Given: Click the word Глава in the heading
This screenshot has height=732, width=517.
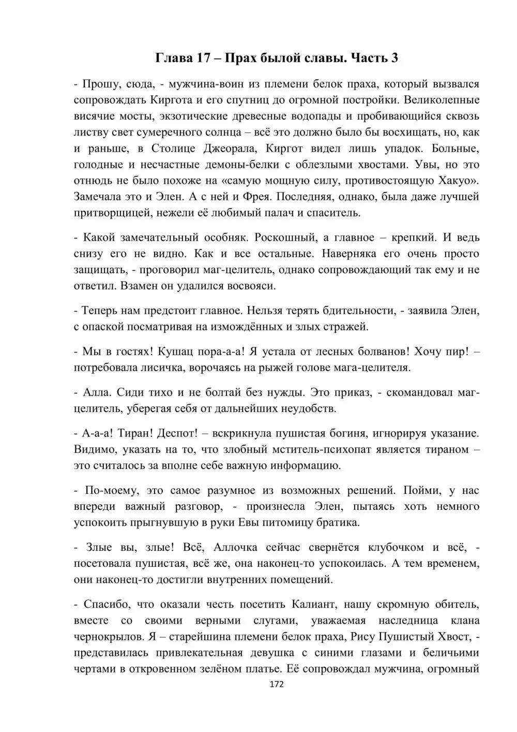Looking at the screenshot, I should (174, 58).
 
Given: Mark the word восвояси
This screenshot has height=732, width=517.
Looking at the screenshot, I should (250, 286).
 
